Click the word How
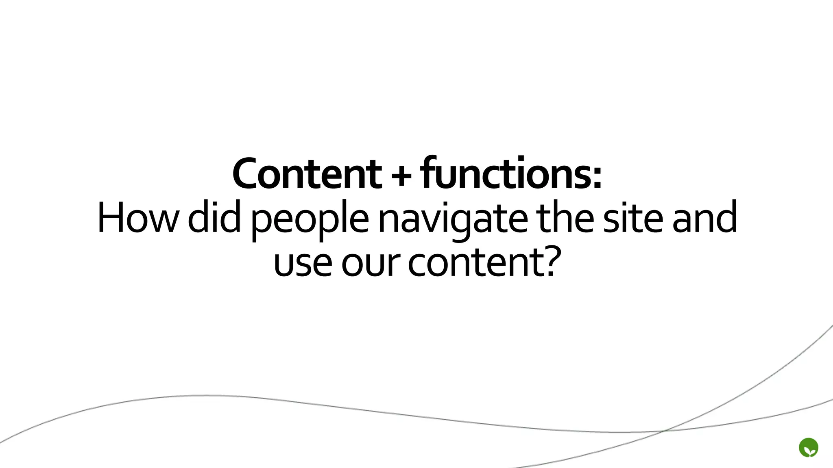click(x=138, y=218)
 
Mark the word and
click(x=704, y=218)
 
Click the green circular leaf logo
click(x=809, y=448)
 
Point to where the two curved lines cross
click(x=664, y=431)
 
